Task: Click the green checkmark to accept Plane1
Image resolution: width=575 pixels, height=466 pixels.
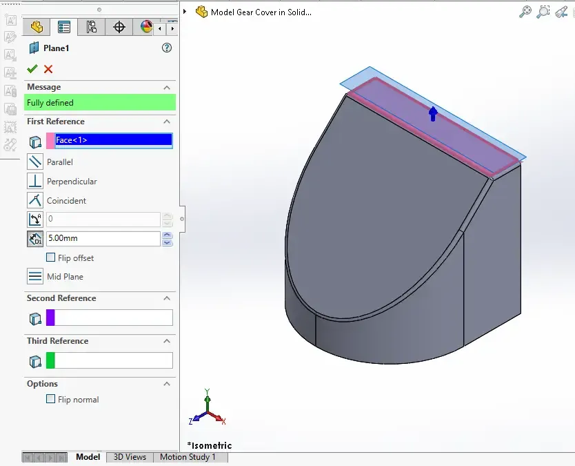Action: [32, 68]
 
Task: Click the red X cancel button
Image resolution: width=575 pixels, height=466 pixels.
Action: [48, 69]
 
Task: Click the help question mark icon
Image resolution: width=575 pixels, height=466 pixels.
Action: [167, 48]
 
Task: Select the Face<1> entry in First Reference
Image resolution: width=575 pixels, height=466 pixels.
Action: [113, 140]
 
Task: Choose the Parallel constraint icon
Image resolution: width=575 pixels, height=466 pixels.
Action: [35, 162]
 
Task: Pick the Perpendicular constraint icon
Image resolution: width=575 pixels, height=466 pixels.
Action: [35, 181]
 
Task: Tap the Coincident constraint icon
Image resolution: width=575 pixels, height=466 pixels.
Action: [35, 200]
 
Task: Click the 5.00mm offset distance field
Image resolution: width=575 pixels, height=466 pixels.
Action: [103, 238]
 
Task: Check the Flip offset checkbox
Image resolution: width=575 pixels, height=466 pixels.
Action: [50, 258]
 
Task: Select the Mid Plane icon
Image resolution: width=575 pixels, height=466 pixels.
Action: [35, 276]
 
